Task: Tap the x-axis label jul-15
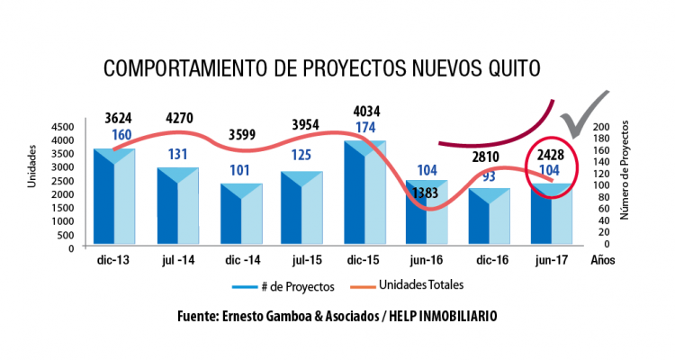click(307, 260)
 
